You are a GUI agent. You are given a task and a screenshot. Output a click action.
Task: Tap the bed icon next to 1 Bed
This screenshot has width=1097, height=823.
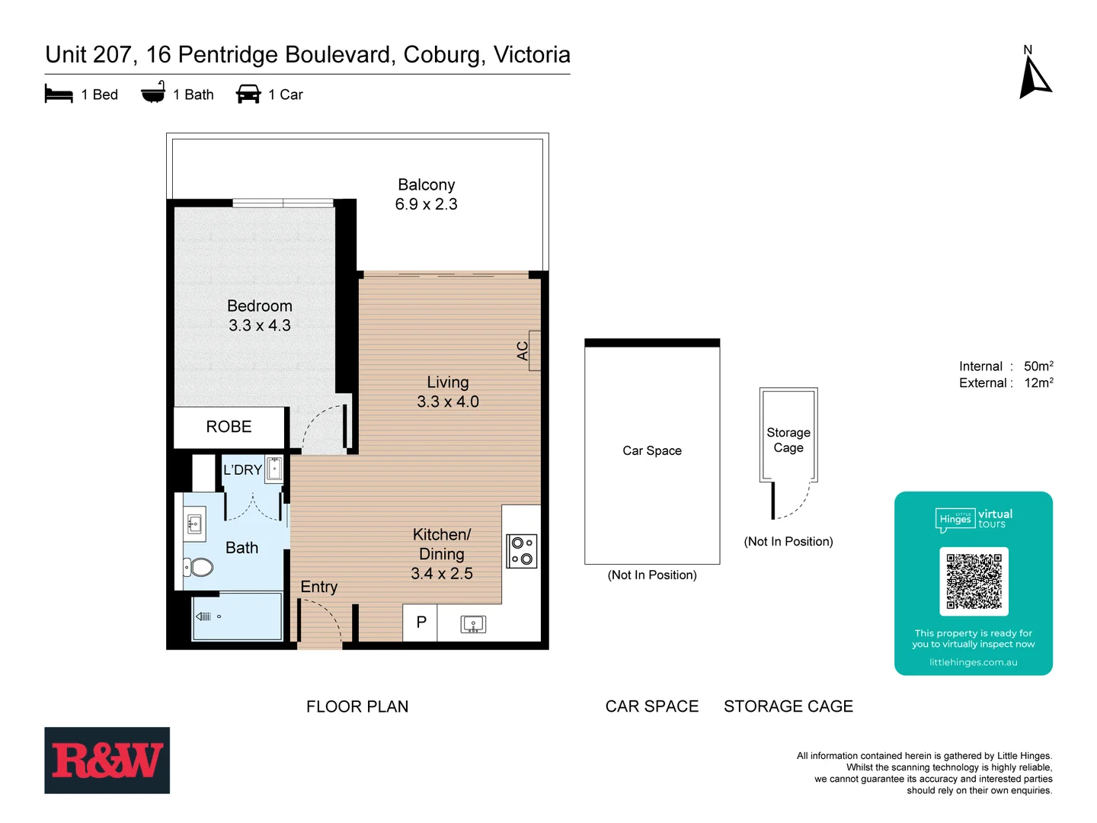coord(59,94)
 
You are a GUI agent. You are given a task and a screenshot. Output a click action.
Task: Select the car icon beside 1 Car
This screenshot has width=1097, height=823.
coord(248,94)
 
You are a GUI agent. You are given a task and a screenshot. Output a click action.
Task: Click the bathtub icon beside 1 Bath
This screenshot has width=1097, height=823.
coord(153,93)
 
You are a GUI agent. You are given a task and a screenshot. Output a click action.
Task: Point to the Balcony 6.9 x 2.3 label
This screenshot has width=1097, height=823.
coord(426,194)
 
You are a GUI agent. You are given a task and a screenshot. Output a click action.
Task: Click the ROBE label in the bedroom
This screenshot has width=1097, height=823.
coord(229,427)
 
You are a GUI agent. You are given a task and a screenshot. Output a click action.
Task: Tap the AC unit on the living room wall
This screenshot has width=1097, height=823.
coord(534,351)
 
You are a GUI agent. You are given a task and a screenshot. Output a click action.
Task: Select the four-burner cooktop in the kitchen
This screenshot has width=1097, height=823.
coord(522,551)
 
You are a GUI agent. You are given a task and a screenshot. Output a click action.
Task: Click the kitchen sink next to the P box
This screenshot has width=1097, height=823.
coord(473,625)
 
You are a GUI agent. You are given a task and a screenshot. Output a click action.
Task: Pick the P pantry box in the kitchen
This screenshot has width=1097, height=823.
coord(421,623)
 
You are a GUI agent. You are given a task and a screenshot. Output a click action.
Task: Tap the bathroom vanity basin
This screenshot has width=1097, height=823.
coord(194,524)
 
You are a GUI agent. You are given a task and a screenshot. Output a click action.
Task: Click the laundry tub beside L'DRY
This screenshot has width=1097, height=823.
coord(274,469)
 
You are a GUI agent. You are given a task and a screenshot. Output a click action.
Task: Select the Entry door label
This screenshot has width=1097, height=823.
coord(318,587)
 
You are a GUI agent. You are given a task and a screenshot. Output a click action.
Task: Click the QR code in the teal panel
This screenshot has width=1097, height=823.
coord(974,581)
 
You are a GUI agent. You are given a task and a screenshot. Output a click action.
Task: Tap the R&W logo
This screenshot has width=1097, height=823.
coord(107,761)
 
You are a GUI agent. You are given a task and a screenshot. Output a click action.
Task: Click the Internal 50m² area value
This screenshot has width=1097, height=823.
coord(1038,367)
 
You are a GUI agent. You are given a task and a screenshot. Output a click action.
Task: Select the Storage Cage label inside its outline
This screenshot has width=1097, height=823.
coord(788,440)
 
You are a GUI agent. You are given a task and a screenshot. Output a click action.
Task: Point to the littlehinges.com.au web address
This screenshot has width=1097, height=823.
coord(973,662)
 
